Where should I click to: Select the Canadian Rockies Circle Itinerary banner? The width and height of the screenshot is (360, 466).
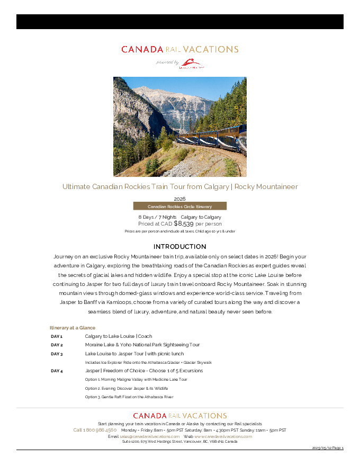[x=179, y=206]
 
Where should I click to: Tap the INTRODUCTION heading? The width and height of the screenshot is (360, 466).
[x=179, y=247]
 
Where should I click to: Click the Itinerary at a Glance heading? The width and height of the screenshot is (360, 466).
[x=73, y=328]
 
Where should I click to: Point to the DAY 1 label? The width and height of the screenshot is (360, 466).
[x=57, y=336]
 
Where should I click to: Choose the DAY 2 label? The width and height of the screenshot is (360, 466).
[x=57, y=345]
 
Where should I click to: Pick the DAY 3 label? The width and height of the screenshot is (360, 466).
[x=57, y=354]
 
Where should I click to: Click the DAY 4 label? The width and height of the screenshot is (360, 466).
[x=57, y=371]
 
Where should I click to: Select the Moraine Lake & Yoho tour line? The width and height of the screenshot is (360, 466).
[x=142, y=345]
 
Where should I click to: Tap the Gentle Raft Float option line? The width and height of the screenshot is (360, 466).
[x=129, y=397]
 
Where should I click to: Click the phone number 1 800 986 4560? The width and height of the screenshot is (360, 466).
[x=95, y=430]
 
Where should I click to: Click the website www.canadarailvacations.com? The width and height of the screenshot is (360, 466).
[x=223, y=436]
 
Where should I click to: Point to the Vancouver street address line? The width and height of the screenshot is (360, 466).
[x=179, y=441]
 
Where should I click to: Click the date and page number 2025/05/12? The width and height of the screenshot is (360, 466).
[x=328, y=448]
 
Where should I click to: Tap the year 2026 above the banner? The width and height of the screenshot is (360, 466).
[x=179, y=199]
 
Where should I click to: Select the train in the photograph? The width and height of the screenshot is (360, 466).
[x=212, y=139]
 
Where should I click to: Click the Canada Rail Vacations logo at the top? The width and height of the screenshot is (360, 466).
[x=179, y=49]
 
